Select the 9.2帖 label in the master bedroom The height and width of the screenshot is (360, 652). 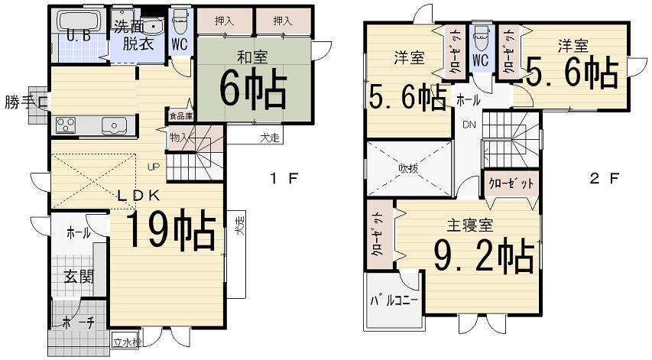tap(482, 256)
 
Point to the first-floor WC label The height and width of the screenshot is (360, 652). tap(180, 43)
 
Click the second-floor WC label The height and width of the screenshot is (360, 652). tap(480, 59)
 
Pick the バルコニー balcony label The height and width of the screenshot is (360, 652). tap(394, 300)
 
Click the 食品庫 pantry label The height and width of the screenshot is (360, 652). tap(181, 117)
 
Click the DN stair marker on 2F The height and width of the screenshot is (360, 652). tap(468, 126)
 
